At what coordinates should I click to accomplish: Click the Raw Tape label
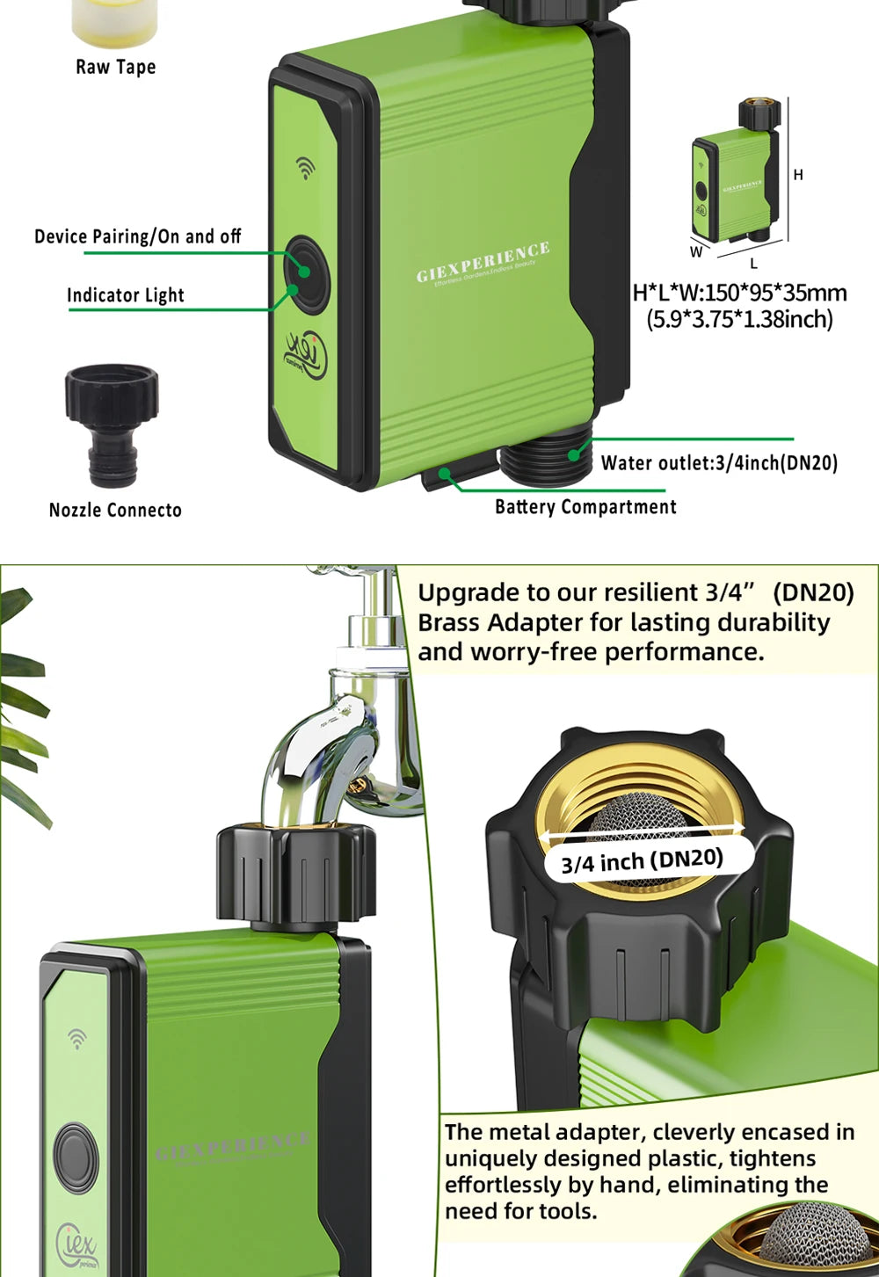click(115, 67)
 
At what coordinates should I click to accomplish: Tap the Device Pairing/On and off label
click(137, 236)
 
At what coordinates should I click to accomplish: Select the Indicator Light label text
click(126, 295)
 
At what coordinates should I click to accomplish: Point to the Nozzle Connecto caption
click(115, 510)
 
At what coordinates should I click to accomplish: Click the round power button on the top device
click(306, 272)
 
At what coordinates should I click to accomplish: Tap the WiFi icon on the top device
click(305, 167)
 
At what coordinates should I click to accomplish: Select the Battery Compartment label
click(585, 506)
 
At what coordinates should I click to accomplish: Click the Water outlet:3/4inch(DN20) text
click(719, 462)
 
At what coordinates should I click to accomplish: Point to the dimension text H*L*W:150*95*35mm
click(740, 293)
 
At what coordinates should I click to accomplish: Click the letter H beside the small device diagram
click(798, 175)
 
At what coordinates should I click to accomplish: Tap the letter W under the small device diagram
click(696, 252)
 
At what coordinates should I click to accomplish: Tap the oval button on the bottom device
click(76, 1158)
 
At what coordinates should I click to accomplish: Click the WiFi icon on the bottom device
click(77, 1040)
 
